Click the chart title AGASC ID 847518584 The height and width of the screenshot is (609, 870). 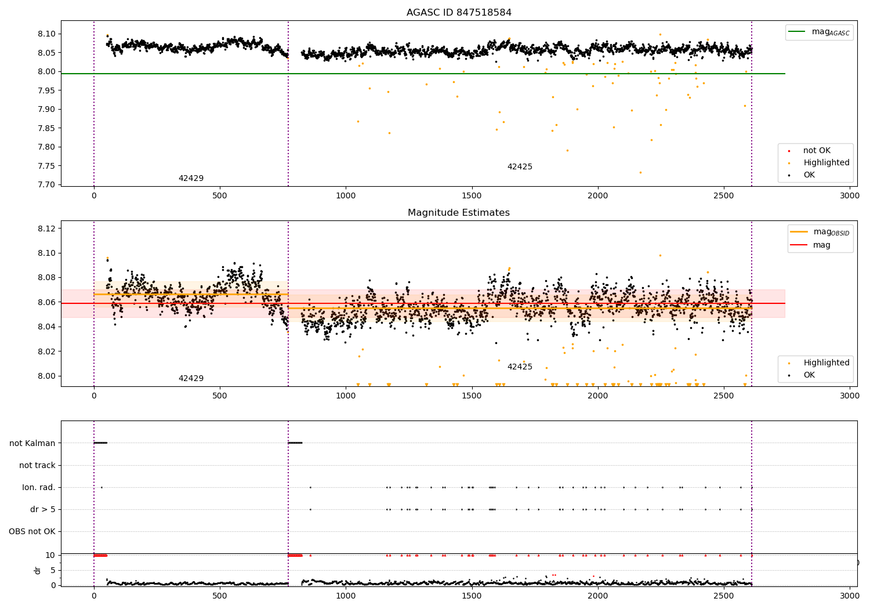[459, 13]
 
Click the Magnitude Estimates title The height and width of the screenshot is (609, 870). [459, 213]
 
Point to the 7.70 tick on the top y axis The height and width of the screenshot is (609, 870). [47, 184]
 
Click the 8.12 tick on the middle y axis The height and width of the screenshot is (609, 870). [47, 229]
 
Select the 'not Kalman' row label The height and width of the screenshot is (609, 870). [32, 443]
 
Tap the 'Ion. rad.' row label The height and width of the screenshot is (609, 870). [39, 488]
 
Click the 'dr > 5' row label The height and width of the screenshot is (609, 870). [43, 510]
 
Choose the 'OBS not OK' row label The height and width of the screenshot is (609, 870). [32, 532]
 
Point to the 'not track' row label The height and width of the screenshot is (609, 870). [37, 466]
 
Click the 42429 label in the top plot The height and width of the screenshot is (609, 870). [191, 179]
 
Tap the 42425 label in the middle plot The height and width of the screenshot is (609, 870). [520, 367]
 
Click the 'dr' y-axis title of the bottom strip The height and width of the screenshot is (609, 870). [38, 570]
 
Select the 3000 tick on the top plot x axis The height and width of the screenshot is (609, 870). [850, 196]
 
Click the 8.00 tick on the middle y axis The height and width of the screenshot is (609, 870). [47, 376]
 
